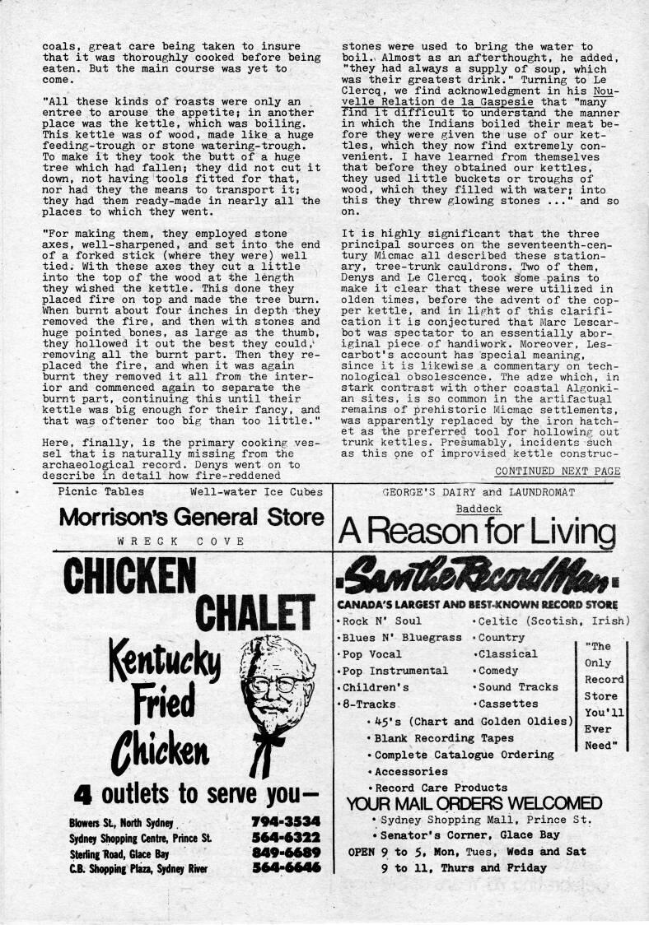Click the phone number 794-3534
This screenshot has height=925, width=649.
(284, 822)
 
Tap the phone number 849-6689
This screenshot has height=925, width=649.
(284, 853)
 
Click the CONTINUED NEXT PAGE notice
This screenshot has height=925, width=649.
(558, 471)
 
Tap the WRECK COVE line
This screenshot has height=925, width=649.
(181, 541)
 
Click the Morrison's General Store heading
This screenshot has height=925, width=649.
(191, 517)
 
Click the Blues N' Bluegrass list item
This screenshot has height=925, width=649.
(402, 638)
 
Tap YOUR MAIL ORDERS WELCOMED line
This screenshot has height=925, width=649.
(474, 803)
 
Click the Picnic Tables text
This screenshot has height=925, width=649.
(101, 491)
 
